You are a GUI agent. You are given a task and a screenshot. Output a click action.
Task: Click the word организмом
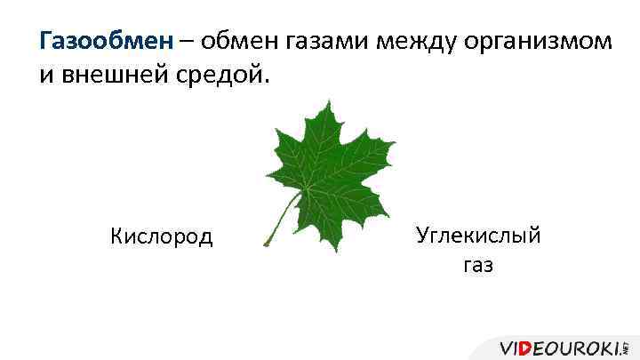point(539,41)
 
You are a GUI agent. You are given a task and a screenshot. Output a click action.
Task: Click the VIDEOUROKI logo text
point(560,348)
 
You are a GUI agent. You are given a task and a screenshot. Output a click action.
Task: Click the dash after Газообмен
point(188,42)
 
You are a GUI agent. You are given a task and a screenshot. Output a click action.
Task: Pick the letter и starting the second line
point(45,75)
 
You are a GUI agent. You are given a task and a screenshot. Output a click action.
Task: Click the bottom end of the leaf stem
point(266,244)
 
